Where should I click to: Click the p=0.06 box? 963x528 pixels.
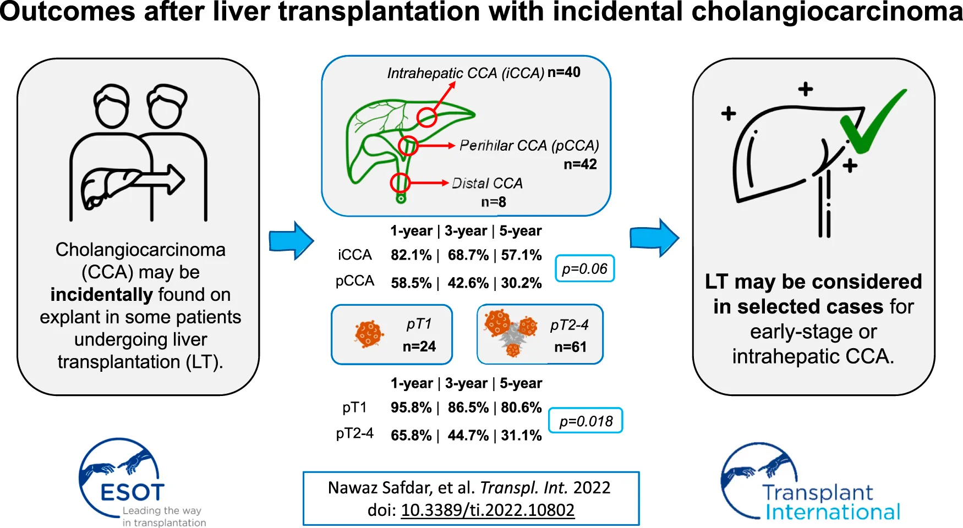(584, 268)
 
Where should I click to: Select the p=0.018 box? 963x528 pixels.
(586, 421)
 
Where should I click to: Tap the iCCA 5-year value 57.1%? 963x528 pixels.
(521, 255)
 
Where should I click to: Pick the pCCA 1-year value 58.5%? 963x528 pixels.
(411, 283)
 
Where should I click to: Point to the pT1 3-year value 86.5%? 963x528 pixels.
(468, 408)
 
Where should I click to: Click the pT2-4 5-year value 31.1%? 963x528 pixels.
(521, 436)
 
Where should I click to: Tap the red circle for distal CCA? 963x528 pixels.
(400, 183)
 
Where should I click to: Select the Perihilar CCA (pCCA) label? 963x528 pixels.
(529, 146)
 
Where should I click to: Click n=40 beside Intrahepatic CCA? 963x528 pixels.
(564, 72)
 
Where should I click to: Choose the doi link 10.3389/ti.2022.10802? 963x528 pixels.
(488, 510)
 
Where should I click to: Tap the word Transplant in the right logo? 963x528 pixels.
(818, 492)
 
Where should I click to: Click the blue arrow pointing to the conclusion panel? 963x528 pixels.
(654, 238)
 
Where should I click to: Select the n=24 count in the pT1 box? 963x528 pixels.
(419, 346)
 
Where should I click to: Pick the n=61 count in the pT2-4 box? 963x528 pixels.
(570, 347)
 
